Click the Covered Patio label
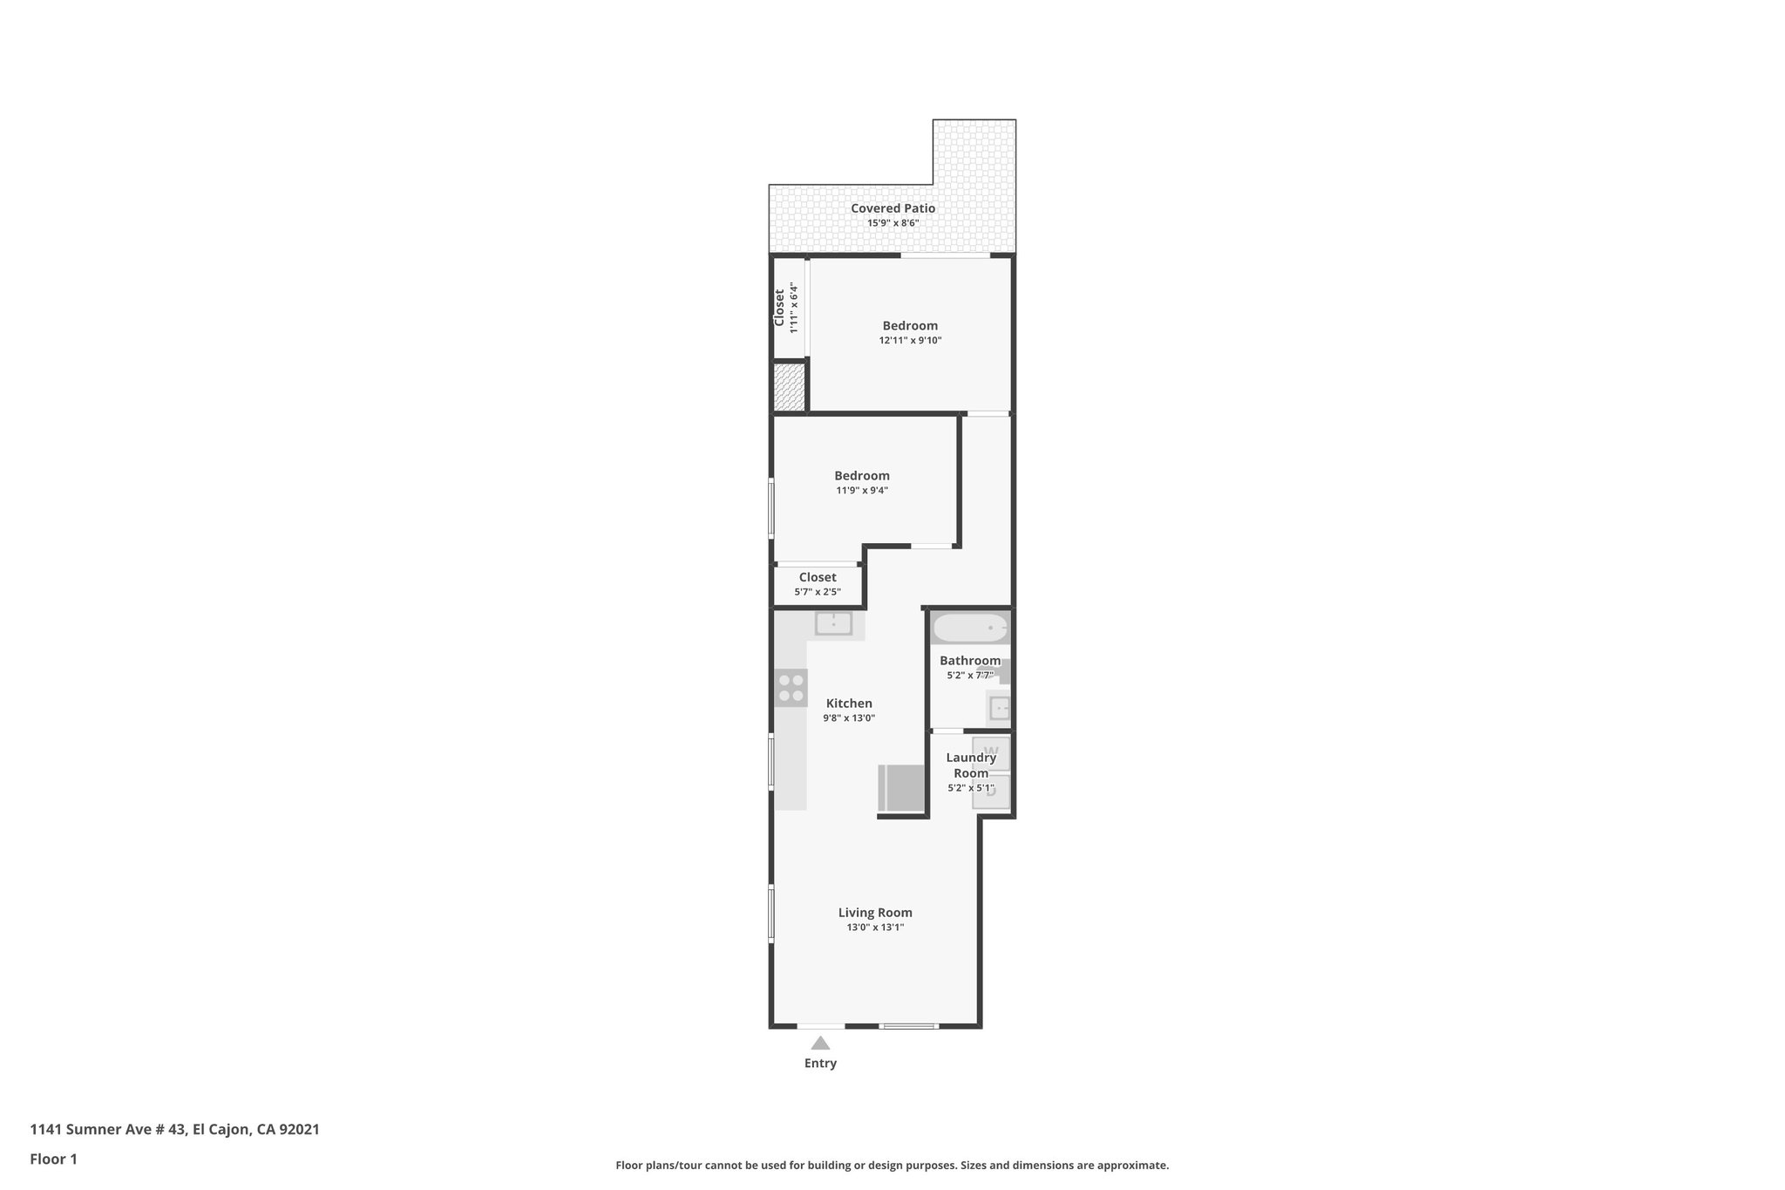tap(892, 208)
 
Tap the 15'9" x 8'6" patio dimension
tap(892, 223)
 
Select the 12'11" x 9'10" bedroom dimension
tap(910, 341)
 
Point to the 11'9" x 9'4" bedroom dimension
tap(862, 491)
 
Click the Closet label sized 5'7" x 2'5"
tap(818, 577)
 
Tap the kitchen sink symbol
tap(833, 623)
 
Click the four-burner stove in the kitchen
tap(791, 687)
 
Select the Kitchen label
tap(849, 704)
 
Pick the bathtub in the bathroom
tap(970, 628)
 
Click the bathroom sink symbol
tap(999, 707)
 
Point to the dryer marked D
tap(991, 792)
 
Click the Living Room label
tap(875, 913)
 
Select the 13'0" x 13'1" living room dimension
tap(875, 928)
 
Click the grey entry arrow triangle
tap(820, 1043)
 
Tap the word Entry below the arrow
tap(820, 1064)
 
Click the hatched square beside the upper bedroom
tap(789, 387)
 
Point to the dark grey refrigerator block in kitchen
tap(901, 788)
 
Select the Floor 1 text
tap(53, 1159)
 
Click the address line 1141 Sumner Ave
tap(174, 1130)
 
